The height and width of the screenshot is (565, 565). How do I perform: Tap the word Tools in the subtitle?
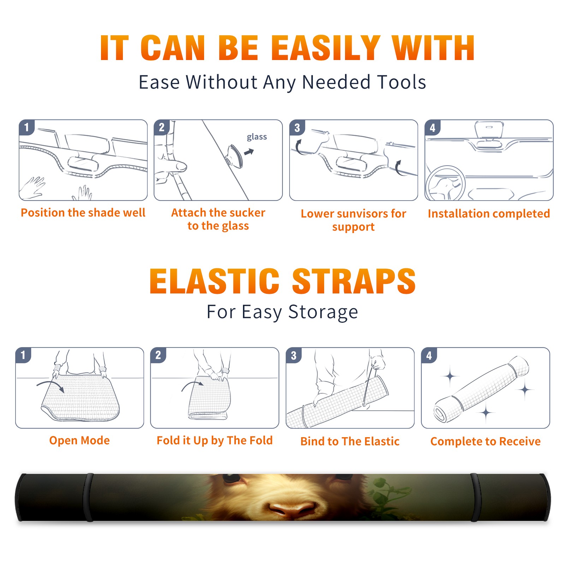402,82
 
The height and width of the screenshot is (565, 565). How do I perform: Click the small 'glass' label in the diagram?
257,137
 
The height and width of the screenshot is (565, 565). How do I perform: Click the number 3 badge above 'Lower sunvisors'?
297,127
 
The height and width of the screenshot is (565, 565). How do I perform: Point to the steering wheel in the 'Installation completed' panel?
445,183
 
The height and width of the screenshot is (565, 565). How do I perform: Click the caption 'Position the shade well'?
83,213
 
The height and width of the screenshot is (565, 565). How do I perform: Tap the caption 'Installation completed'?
489,214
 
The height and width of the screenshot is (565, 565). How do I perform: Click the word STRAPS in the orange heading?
354,281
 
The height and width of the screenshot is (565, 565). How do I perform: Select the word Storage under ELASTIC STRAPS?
323,312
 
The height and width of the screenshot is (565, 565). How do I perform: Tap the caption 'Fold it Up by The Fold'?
215,440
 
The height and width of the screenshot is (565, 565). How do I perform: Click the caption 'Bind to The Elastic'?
350,441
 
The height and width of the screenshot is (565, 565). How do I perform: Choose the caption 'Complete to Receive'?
486,441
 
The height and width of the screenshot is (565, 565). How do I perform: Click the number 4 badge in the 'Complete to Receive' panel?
429,355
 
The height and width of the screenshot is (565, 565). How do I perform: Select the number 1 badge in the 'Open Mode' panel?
23,355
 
